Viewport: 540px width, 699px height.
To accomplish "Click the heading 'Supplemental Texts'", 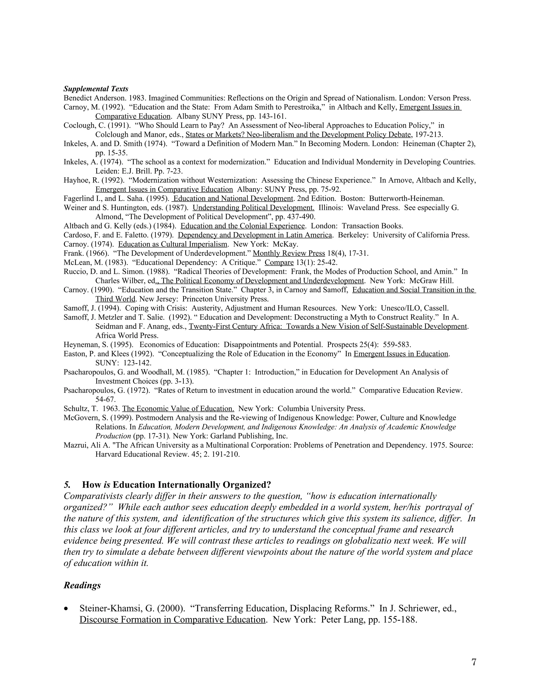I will pyautogui.click(x=96, y=89).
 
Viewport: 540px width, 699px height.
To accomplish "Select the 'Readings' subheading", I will pyautogui.click(x=82, y=585).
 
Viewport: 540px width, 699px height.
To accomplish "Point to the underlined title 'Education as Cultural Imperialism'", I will pyautogui.click(x=172, y=244).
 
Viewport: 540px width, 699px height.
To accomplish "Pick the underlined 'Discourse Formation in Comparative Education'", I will pyautogui.click(x=172, y=619).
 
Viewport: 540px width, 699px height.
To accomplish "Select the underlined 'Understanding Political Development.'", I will pyautogui.click(x=253, y=208).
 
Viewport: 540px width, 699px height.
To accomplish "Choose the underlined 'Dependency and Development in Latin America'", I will pyautogui.click(x=255, y=235).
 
